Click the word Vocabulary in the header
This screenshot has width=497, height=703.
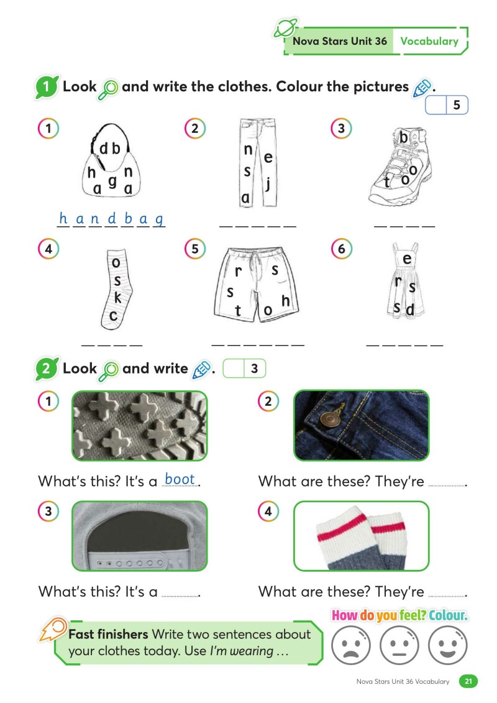click(x=429, y=42)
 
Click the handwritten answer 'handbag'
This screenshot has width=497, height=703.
click(x=111, y=219)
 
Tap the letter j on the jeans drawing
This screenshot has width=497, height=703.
click(x=268, y=183)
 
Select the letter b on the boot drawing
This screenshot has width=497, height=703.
click(x=404, y=138)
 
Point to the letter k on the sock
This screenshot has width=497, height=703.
click(x=117, y=298)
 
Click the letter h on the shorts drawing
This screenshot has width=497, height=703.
click(x=286, y=301)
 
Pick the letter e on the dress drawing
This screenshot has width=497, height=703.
click(x=408, y=259)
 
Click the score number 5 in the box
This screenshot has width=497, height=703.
click(x=457, y=106)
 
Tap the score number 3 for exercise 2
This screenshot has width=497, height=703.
click(x=254, y=369)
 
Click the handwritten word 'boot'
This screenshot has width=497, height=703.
click(x=180, y=479)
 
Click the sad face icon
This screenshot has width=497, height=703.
click(x=351, y=643)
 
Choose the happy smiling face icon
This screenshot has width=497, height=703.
click(x=448, y=643)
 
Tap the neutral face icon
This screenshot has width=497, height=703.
click(x=399, y=643)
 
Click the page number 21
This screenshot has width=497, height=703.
click(x=468, y=681)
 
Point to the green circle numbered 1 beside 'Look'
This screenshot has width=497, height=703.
click(x=46, y=87)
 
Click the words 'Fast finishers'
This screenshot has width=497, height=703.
click(x=108, y=635)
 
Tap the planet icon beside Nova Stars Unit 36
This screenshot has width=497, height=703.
click(x=285, y=29)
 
